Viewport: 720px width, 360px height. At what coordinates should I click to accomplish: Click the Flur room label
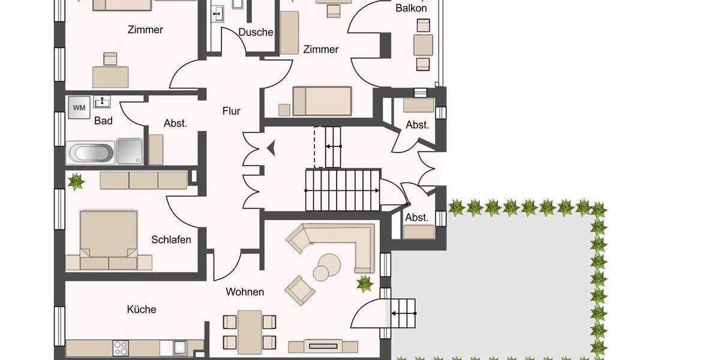pyautogui.click(x=231, y=111)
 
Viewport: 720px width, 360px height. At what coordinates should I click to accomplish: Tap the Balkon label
pyautogui.click(x=411, y=8)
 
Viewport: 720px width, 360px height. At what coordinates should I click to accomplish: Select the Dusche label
pyautogui.click(x=256, y=32)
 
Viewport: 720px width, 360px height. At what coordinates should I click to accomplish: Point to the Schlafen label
pyautogui.click(x=171, y=240)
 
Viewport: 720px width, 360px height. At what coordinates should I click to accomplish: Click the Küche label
pyautogui.click(x=142, y=310)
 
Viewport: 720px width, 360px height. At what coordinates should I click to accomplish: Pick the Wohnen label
pyautogui.click(x=245, y=292)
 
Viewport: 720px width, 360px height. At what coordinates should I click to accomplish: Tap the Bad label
pyautogui.click(x=103, y=121)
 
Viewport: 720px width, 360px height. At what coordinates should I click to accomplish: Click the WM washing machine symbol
pyautogui.click(x=79, y=107)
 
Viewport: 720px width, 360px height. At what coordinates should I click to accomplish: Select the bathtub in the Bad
pyautogui.click(x=91, y=153)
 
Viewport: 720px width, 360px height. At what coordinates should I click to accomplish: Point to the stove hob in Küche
pyautogui.click(x=121, y=347)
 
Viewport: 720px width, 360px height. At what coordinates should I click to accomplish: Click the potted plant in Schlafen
pyautogui.click(x=76, y=181)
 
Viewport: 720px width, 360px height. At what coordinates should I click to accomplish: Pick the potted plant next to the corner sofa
pyautogui.click(x=364, y=283)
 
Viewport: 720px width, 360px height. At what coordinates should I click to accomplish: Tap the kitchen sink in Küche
pyautogui.click(x=179, y=347)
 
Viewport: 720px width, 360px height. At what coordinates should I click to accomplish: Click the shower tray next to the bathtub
pyautogui.click(x=130, y=151)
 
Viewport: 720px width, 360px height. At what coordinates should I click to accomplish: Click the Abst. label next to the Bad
pyautogui.click(x=175, y=124)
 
